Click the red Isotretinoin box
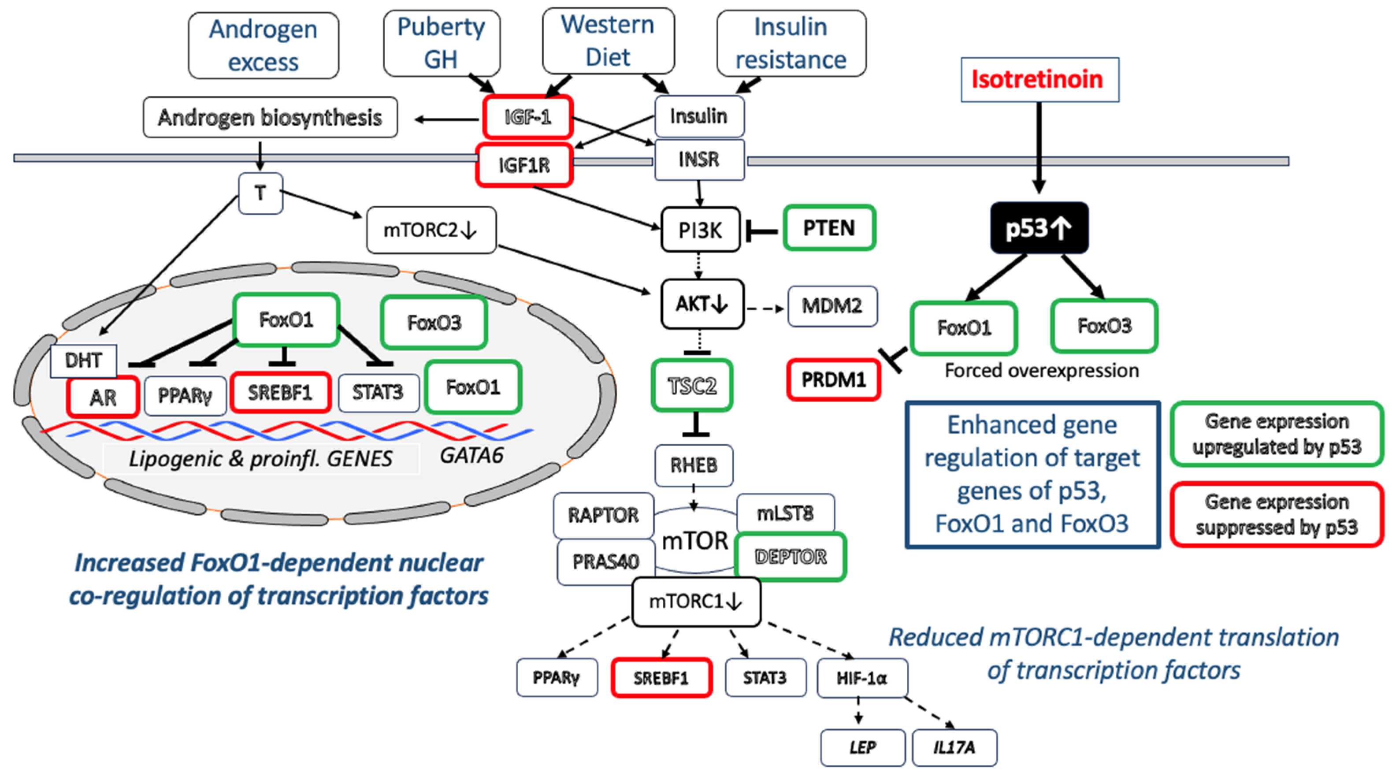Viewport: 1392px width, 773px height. [x=1039, y=79]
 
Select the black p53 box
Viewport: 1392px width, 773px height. [x=1039, y=227]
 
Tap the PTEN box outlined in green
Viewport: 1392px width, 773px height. [x=829, y=227]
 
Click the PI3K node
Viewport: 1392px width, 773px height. [x=700, y=230]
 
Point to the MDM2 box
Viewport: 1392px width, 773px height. [x=831, y=306]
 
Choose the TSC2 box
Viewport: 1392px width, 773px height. [x=692, y=386]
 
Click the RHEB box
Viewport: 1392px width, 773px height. [x=694, y=465]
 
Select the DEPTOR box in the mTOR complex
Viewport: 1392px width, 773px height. [x=791, y=557]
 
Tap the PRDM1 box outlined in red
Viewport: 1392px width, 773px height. [x=833, y=379]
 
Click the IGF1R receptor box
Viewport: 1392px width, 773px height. [x=523, y=165]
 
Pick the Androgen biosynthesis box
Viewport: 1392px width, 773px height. [x=270, y=117]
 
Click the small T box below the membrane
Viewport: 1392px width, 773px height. [x=260, y=193]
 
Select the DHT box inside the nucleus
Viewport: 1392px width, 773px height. [x=83, y=360]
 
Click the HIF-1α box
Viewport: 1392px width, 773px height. [x=862, y=678]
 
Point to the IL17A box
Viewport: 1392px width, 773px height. [x=954, y=747]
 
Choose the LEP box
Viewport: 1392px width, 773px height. [x=862, y=747]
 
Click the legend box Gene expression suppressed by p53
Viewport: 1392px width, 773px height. [x=1277, y=515]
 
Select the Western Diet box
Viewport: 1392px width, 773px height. [x=608, y=41]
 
